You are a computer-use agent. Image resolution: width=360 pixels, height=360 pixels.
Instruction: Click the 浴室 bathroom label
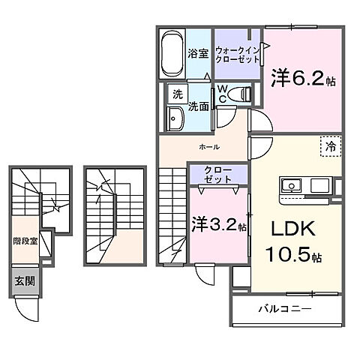coord(198,55)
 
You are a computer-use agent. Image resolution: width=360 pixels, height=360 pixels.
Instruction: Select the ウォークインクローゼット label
coord(235,55)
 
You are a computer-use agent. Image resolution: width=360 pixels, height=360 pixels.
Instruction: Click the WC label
coord(223,94)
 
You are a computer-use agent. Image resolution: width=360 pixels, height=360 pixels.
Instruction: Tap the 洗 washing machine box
coord(177,94)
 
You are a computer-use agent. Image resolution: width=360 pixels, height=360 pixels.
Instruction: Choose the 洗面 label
coord(198,106)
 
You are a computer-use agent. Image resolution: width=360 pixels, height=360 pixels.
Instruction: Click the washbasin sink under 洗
coord(177,119)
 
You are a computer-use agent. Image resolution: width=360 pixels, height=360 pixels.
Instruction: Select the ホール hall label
coord(209,147)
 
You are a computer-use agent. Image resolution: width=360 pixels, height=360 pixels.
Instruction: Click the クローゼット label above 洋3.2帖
coord(217,175)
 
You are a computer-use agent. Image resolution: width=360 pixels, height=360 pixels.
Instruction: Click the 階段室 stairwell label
coord(25,241)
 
